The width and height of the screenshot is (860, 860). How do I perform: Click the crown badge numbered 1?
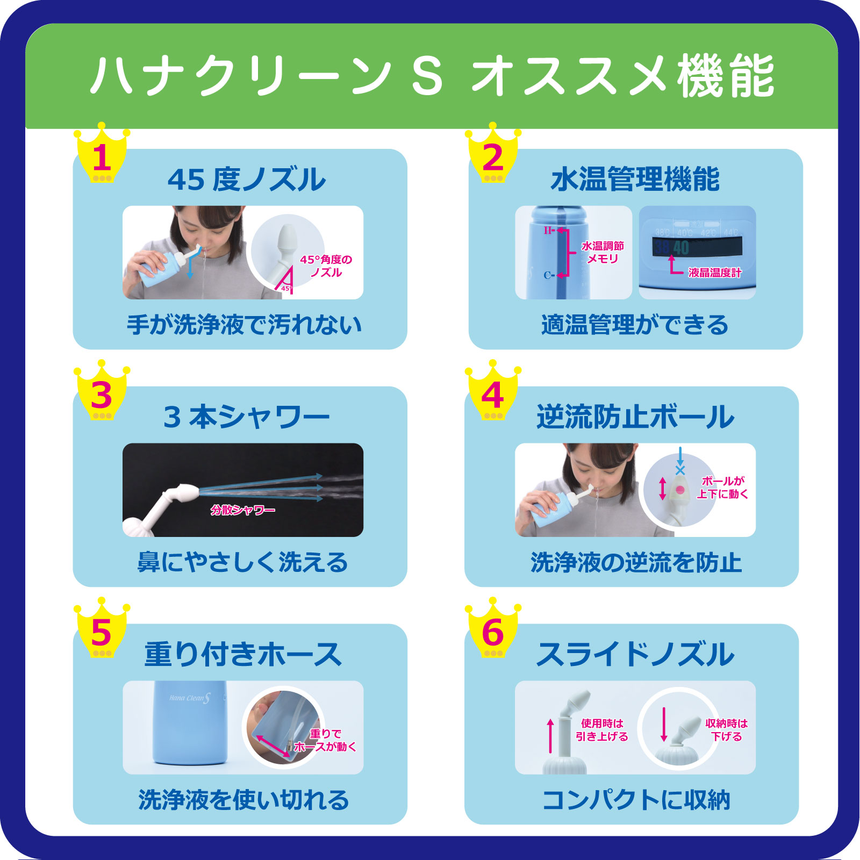coord(102,156)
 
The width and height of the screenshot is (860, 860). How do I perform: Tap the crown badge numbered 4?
coord(492,393)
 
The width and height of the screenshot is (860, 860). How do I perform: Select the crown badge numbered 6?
coord(492,631)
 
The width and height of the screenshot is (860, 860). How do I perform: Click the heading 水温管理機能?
coord(635,180)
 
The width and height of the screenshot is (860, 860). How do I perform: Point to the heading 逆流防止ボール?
coord(635,417)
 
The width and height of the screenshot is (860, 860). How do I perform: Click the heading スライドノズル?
coord(635,655)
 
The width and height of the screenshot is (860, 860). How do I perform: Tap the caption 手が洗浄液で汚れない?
coord(244,325)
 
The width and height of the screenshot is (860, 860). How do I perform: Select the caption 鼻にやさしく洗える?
coord(243,563)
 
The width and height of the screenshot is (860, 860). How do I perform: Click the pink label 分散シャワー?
coord(242,510)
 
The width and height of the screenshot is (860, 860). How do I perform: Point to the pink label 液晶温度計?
coord(714,273)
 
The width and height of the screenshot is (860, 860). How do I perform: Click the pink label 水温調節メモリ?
coord(603,252)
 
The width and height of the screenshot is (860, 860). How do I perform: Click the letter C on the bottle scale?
coord(547,275)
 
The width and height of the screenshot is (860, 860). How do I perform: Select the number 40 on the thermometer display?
coord(681,248)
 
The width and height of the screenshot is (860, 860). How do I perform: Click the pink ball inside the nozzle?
coord(680,490)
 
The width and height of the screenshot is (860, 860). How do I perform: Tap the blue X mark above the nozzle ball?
coord(680,470)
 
